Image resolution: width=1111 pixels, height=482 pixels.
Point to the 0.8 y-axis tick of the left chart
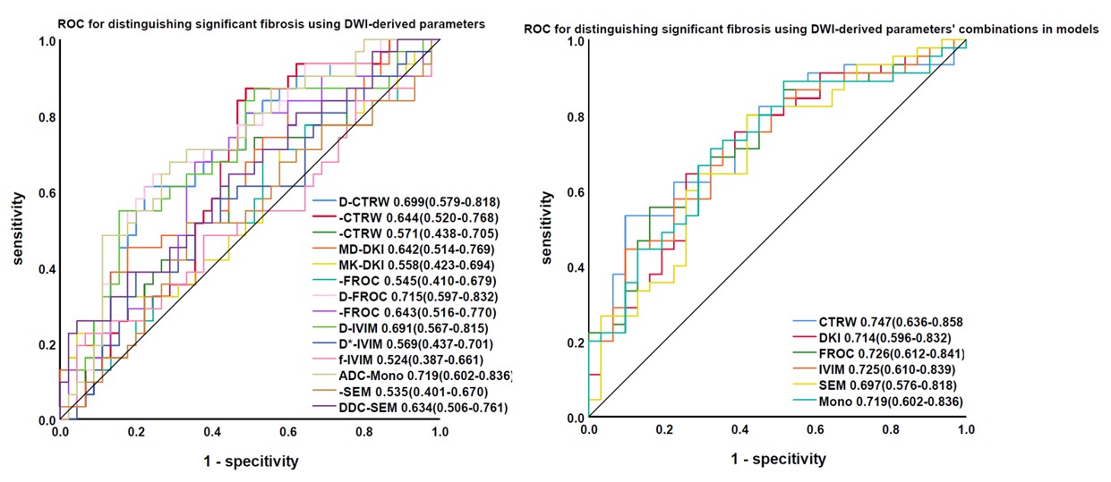[46, 117]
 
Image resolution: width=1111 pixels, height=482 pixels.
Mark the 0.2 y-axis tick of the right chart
[572, 343]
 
